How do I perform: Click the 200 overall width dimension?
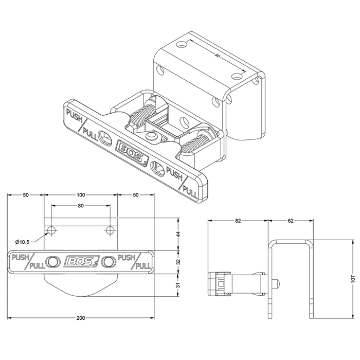80,318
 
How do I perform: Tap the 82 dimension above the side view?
237,221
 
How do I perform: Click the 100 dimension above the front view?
80,195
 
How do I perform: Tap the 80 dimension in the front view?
80,206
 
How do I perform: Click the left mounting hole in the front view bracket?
51,228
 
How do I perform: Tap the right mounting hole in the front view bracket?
109,228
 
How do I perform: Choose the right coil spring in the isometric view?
200,141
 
